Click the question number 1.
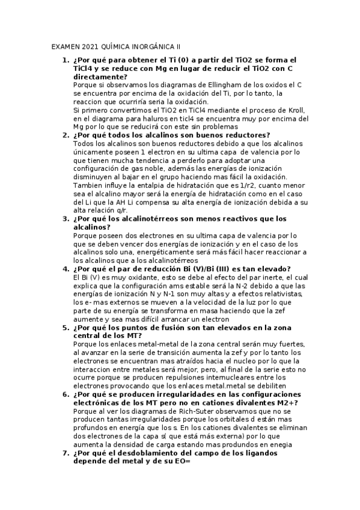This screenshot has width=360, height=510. click(x=66, y=60)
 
